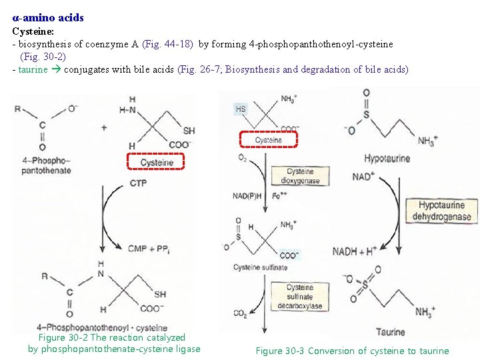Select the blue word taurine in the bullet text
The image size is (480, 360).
pyautogui.click(x=33, y=69)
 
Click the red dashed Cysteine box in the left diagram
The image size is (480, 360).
pyautogui.click(x=157, y=162)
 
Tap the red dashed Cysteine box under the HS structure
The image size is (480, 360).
pyautogui.click(x=268, y=140)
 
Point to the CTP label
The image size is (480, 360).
pyautogui.click(x=139, y=183)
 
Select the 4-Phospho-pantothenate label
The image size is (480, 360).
pyautogui.click(x=45, y=165)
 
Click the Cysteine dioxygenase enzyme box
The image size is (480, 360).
pyautogui.click(x=300, y=175)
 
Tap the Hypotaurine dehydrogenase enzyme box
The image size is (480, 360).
pyautogui.click(x=441, y=211)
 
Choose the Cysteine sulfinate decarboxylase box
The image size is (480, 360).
pyautogui.click(x=300, y=297)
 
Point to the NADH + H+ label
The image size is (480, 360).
pyautogui.click(x=355, y=251)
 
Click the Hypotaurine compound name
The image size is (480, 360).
pyautogui.click(x=387, y=159)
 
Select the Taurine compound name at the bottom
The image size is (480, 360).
pyautogui.click(x=389, y=332)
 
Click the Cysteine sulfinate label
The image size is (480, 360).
pyautogui.click(x=260, y=267)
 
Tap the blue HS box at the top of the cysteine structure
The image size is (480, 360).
pyautogui.click(x=240, y=108)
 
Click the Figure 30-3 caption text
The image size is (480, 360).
pyautogui.click(x=352, y=351)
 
